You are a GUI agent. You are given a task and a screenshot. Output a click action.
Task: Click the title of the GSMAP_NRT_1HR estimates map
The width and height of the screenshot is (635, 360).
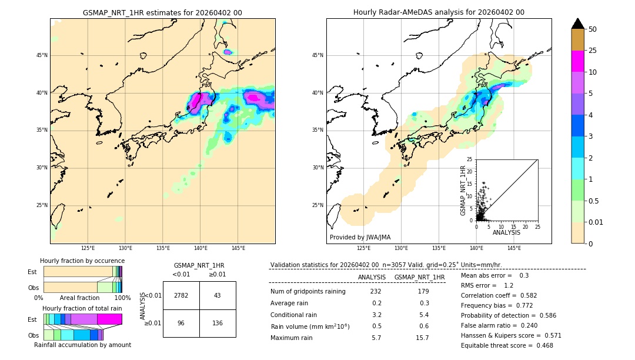pos(162,12)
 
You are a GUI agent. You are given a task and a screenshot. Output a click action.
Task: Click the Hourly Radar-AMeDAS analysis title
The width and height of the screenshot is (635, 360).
pos(439,12)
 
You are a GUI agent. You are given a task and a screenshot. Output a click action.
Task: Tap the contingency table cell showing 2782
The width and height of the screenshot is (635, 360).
pos(181,295)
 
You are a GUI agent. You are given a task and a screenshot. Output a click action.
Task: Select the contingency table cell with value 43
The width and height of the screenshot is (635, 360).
pos(218,295)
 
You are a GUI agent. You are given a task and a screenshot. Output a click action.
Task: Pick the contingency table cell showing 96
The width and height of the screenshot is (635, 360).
pos(181,323)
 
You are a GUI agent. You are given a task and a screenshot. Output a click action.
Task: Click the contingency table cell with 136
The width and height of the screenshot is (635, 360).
pos(218,323)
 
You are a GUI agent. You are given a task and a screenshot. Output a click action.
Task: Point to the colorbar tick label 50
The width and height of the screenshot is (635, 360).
pos(593,29)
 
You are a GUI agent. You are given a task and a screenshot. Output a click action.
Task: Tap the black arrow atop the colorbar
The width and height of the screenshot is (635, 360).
pos(578,24)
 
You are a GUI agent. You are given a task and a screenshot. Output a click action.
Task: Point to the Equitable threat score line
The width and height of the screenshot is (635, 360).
pos(507,345)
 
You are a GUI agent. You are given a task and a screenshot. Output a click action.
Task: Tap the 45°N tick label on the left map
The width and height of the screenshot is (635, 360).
pos(42,55)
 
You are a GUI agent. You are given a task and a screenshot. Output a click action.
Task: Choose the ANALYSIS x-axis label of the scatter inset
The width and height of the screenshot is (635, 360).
pos(507,232)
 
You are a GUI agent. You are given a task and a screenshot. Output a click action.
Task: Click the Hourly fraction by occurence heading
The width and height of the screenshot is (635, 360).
pos(82,261)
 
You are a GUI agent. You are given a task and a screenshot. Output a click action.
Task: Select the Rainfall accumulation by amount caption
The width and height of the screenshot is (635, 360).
pos(82,345)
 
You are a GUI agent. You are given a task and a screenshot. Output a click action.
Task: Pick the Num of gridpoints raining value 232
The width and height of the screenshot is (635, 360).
pos(376,291)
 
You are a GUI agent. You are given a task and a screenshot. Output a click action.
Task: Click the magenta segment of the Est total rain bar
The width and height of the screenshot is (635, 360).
pos(109,319)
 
